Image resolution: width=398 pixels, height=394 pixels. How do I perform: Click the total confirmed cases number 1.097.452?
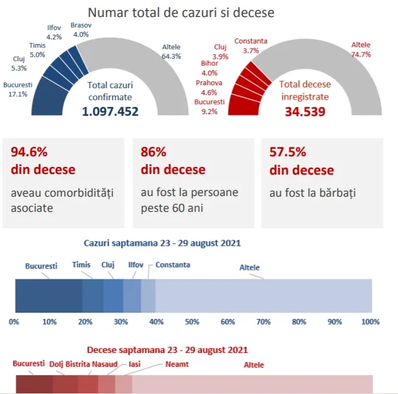pos(110,112)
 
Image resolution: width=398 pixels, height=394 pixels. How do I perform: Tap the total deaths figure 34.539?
pos(305,112)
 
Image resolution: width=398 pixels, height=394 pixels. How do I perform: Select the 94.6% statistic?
pos(29,152)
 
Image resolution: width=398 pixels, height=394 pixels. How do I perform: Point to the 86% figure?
pos(153,152)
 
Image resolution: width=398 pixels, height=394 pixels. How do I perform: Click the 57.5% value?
pos(288,152)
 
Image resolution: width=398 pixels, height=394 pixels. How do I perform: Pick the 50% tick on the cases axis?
pos(192,322)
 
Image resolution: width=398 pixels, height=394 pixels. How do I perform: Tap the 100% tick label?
pos(370,322)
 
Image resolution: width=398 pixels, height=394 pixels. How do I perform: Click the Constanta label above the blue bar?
pos(173,265)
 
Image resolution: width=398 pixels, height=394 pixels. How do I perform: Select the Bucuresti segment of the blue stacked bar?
pos(49,296)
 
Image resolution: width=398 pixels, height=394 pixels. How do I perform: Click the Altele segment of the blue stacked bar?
pos(264,296)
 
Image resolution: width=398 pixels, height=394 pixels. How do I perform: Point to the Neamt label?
pos(177,364)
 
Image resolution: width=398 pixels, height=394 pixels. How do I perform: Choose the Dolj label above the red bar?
pos(56,364)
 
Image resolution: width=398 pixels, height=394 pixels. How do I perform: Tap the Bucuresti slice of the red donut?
pos(244,105)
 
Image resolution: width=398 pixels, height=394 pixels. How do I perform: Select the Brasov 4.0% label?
pos(81,30)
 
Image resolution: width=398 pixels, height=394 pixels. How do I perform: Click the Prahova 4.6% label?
pos(209,88)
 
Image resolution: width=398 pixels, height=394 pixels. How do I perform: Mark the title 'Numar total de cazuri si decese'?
pos(181,13)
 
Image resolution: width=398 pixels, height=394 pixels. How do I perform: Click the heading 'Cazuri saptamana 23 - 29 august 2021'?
pos(162,243)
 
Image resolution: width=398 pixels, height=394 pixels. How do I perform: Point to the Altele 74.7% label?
pos(361,49)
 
